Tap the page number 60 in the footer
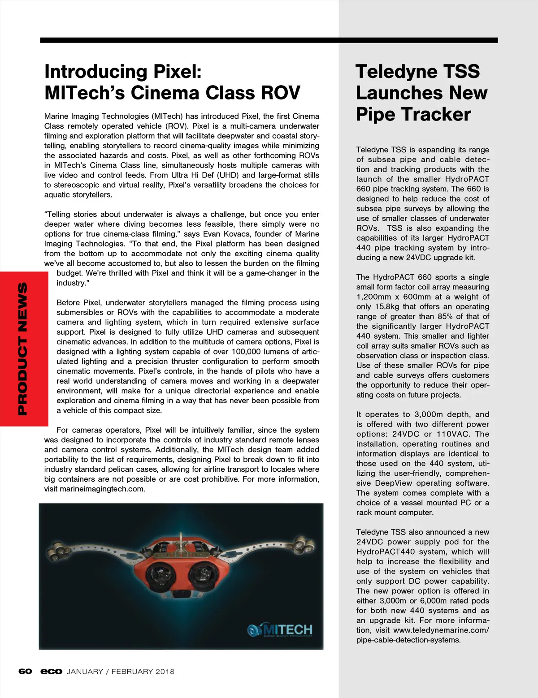pos(25,671)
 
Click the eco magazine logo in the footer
pos(51,671)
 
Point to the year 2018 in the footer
pos(165,671)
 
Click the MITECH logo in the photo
pos(281,629)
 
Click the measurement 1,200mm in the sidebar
pos(373,297)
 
